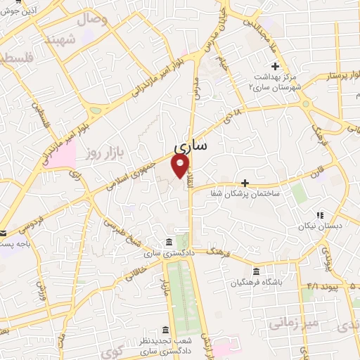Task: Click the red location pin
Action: pyautogui.click(x=180, y=166)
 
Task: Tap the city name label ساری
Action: pyautogui.click(x=190, y=146)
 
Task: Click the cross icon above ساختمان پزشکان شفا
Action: pyautogui.click(x=245, y=183)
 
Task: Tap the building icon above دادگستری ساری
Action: pyautogui.click(x=168, y=243)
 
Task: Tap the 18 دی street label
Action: pyautogui.click(x=235, y=114)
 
